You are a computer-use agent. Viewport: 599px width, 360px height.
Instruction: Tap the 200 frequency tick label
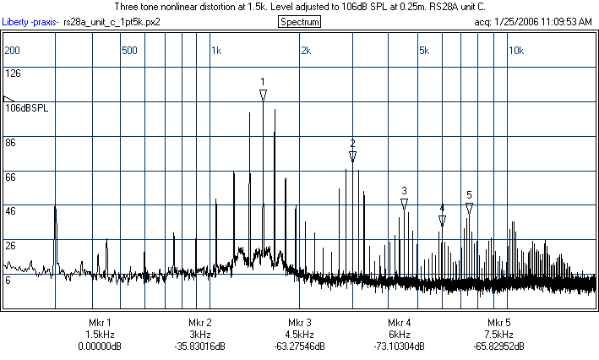pyautogui.click(x=12, y=51)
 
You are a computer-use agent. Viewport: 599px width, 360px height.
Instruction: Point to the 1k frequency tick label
pyautogui.click(x=216, y=51)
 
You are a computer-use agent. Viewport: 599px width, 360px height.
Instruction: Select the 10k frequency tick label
pyautogui.click(x=515, y=51)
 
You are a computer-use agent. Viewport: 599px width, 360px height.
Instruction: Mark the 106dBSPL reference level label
pyautogui.click(x=27, y=108)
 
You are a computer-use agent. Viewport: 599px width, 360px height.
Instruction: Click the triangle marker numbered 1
pyautogui.click(x=263, y=95)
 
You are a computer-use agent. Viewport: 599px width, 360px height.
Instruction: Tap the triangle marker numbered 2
pyautogui.click(x=352, y=156)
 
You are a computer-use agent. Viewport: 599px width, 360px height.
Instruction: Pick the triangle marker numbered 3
pyautogui.click(x=405, y=204)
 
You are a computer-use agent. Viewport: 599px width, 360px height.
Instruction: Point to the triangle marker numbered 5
pyautogui.click(x=469, y=208)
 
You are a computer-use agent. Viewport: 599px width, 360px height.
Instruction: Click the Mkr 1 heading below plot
pyautogui.click(x=100, y=323)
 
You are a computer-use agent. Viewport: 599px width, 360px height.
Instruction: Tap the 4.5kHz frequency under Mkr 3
pyautogui.click(x=299, y=335)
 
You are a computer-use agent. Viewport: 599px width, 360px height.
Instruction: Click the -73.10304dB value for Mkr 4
pyautogui.click(x=399, y=346)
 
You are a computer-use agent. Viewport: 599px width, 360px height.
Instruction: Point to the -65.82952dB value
pyautogui.click(x=498, y=346)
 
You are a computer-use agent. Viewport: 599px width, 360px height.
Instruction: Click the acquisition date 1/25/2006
pyautogui.click(x=515, y=21)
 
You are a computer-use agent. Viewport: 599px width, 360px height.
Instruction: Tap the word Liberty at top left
pyautogui.click(x=18, y=21)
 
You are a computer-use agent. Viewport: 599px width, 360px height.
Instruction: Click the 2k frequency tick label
pyautogui.click(x=306, y=51)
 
